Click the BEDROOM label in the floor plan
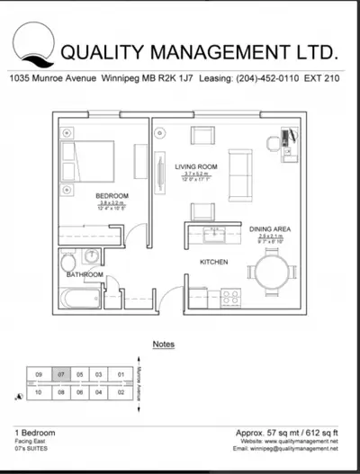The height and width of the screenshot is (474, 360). (x=112, y=195)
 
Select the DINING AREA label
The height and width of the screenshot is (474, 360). (x=268, y=229)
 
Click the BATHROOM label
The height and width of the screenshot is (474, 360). (x=85, y=274)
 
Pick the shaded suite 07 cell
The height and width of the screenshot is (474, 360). (x=59, y=374)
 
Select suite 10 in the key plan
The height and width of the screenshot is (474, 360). (x=40, y=392)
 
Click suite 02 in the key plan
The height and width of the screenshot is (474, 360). (x=119, y=392)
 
